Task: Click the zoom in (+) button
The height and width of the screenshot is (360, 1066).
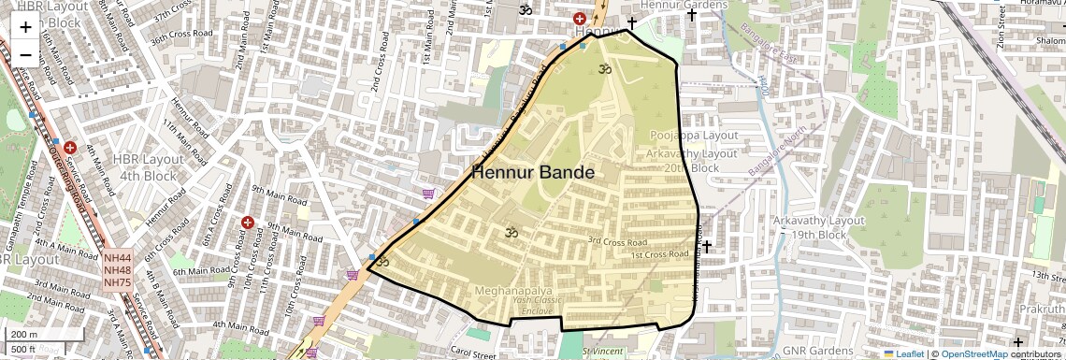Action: [x=25, y=26]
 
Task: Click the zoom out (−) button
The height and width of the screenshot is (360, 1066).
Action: [x=25, y=54]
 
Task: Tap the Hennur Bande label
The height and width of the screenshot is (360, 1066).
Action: [x=532, y=172]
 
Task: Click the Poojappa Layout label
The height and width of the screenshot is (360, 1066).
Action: [x=694, y=136]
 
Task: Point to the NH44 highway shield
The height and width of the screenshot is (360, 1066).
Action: [x=118, y=258]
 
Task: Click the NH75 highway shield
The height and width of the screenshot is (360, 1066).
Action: [x=118, y=282]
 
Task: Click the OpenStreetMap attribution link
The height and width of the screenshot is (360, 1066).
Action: [x=973, y=353]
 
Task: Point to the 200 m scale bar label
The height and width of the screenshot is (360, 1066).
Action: [x=25, y=335]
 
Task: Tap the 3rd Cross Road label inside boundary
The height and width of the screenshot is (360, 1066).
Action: [x=617, y=240]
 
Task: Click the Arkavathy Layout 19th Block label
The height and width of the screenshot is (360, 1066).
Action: [x=818, y=227]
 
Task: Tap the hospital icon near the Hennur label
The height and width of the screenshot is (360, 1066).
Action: [x=580, y=19]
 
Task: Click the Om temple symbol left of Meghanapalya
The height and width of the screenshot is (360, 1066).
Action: [x=382, y=262]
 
